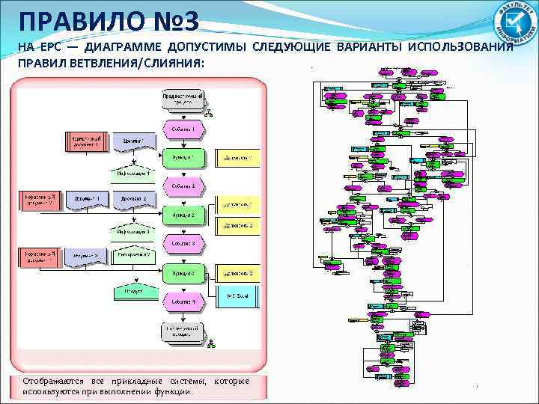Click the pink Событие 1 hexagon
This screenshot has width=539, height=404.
(183, 129)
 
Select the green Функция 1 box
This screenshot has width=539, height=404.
(183, 157)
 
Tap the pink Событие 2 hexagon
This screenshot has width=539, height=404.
(183, 186)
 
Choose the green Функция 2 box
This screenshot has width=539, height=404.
(183, 215)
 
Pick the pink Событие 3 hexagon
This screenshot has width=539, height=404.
(183, 243)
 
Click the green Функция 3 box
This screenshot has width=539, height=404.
(183, 274)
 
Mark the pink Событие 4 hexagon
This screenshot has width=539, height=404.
(183, 302)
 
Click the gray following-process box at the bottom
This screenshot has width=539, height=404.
(183, 331)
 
